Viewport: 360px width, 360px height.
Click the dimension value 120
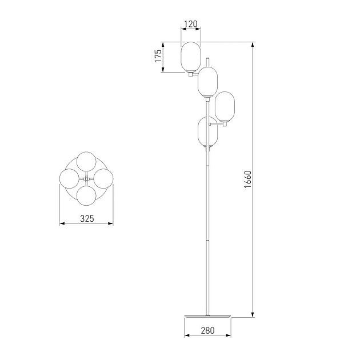point(191,24)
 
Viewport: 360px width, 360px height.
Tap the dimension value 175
point(158,56)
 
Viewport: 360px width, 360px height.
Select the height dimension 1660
point(248,179)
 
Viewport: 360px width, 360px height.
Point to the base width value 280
point(207,330)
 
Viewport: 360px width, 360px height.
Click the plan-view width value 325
point(87,218)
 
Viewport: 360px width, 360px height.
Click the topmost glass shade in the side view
point(191,57)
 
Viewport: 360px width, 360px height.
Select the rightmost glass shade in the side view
point(225,107)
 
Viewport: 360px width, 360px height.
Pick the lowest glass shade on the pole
point(207,132)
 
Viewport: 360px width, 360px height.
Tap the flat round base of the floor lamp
point(207,317)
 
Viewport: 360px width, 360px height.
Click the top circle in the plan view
point(86,161)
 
